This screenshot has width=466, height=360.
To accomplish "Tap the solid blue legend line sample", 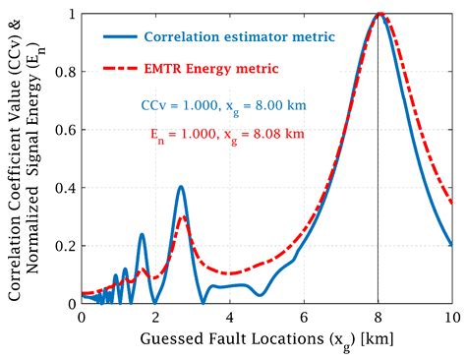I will [x=119, y=38].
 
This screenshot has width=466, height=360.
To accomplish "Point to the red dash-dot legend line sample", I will [x=119, y=69].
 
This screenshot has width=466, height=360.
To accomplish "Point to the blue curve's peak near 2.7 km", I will [x=181, y=187].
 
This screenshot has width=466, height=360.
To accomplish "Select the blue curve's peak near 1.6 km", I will [x=142, y=234].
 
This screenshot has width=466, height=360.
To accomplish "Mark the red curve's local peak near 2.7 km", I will [x=182, y=217].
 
